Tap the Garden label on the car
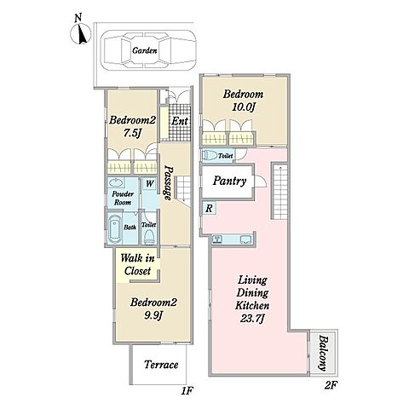145,50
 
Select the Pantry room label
229,181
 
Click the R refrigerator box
209,208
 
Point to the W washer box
149,184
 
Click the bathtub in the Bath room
115,228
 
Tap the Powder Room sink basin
116,182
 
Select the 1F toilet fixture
149,236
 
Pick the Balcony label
323,353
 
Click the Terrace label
161,365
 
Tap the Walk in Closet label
137,264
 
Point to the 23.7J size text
252,319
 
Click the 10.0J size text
244,107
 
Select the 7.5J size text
132,133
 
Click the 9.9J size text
153,315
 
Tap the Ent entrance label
180,121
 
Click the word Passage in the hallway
169,183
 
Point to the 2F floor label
331,385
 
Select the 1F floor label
187,391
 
